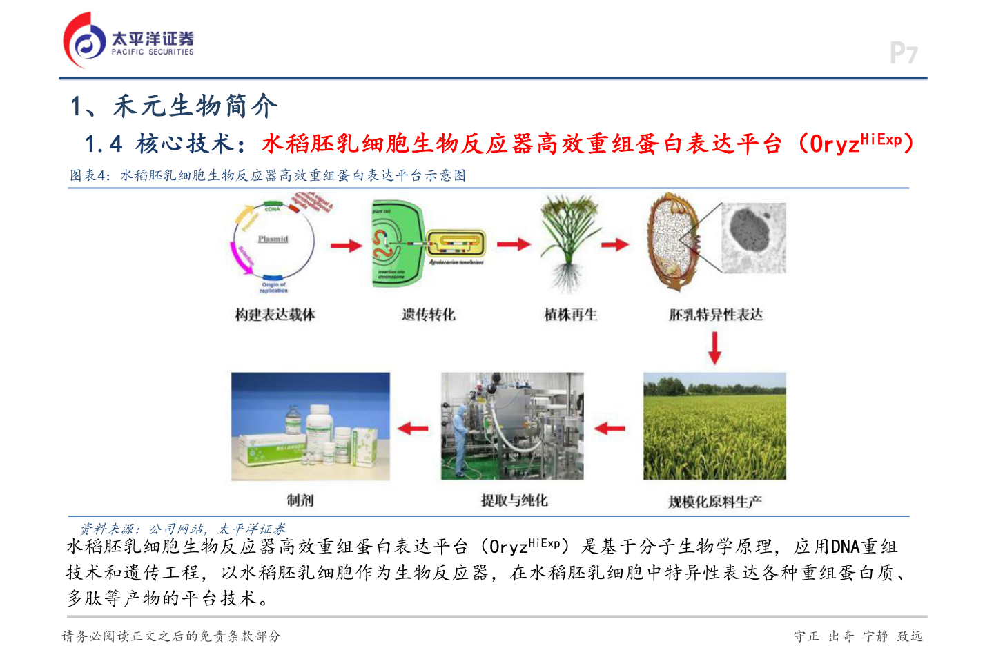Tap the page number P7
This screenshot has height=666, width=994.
(903, 53)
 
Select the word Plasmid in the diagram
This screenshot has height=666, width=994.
(273, 239)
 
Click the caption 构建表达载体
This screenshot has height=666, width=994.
(275, 315)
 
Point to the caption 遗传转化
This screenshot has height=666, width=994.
(429, 315)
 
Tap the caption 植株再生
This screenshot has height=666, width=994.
(571, 315)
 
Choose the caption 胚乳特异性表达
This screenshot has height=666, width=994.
(716, 315)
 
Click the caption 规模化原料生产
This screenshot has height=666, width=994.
(715, 502)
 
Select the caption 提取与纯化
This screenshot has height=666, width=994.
(514, 500)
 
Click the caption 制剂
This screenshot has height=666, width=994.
(300, 500)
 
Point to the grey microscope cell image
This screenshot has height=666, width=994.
(754, 237)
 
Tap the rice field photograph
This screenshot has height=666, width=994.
(714, 427)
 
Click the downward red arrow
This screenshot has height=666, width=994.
(714, 347)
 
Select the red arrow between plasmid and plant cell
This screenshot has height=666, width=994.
(346, 245)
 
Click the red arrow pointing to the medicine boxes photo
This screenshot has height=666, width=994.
(413, 428)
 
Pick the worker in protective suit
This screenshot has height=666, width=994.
(461, 435)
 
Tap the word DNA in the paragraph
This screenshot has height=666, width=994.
(845, 547)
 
